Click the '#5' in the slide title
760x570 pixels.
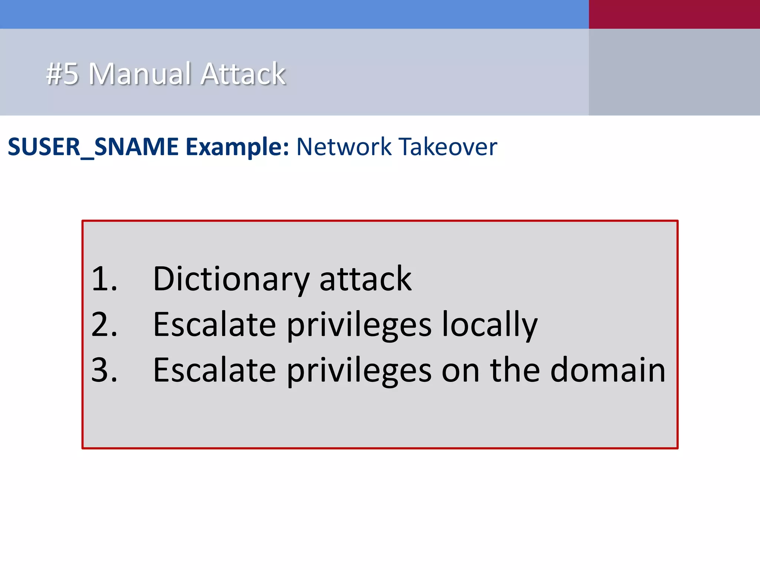coord(62,74)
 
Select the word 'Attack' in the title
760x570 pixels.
coord(243,74)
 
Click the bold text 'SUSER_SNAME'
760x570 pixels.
coord(93,147)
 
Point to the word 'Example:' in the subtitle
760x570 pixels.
coord(237,147)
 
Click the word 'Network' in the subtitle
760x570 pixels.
coord(344,147)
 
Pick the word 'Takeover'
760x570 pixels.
coord(448,147)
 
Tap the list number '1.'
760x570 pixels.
coord(104,279)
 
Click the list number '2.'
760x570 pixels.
coord(104,325)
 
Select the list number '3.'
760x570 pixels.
coord(104,370)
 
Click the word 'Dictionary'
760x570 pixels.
coord(231,279)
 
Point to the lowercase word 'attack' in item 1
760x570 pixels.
coord(365,279)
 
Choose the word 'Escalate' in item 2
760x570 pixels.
coord(214,325)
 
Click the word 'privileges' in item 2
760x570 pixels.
coord(359,325)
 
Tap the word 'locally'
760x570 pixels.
coord(489,325)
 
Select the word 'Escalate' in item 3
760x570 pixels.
coord(214,370)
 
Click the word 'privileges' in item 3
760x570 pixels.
coord(359,370)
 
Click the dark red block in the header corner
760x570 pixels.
coord(674,14)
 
